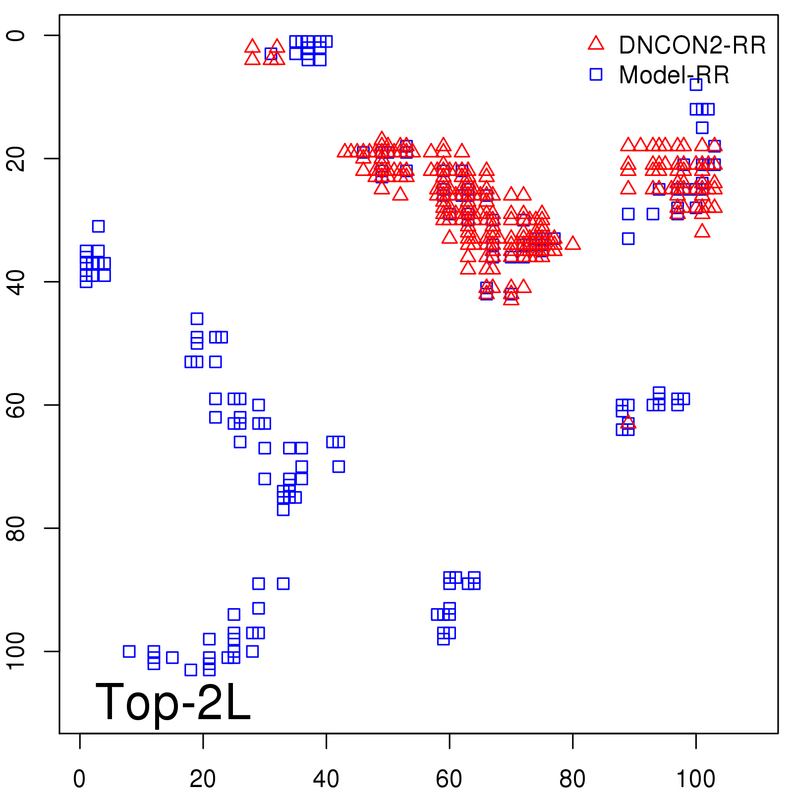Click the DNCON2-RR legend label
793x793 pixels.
tap(692, 45)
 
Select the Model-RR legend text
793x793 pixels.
tap(674, 75)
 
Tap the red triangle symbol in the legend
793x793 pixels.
tap(596, 44)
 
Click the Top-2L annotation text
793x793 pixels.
tap(173, 702)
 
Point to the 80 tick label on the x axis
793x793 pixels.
tap(572, 779)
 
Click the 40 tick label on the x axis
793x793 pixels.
tap(326, 779)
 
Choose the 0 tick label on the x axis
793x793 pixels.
tap(79, 779)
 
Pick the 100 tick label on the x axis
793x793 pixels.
tap(695, 779)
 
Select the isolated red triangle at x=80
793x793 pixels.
tap(572, 243)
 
